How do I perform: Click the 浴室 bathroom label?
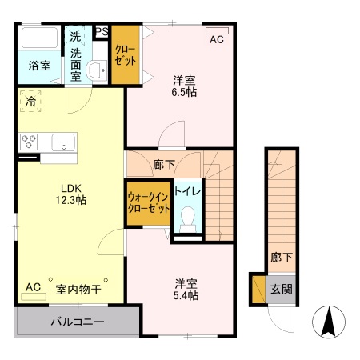coord(40,66)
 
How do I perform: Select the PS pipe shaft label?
coord(102,32)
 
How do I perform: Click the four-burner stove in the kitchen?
coord(30,142)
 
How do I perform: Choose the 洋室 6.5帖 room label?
coord(185,86)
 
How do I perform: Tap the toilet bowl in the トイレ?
coord(189,218)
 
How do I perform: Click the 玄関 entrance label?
coord(281,289)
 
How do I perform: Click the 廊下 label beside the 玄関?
coord(280,258)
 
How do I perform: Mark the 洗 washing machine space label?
coord(75,36)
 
